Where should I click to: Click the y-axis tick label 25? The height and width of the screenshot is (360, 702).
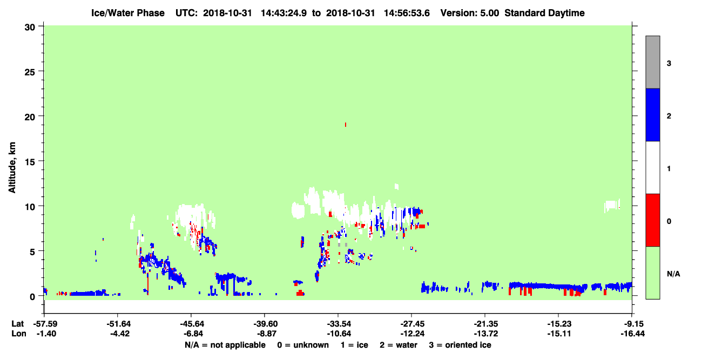30,72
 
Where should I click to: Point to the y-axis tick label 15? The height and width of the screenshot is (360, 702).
30,162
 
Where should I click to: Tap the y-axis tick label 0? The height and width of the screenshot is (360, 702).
32,297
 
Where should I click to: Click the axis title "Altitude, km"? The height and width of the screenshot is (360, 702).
12,167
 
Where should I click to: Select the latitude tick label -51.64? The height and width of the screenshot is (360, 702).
118,324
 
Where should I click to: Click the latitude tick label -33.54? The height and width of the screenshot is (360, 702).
339,324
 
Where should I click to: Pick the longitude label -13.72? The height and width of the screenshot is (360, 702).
486,334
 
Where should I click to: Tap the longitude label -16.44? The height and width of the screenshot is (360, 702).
633,334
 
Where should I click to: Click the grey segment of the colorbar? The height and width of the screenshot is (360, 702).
653,62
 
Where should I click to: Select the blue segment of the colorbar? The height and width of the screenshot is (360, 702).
653,114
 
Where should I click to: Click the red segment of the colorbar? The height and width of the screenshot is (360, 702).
653,220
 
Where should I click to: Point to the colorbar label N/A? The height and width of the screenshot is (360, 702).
673,274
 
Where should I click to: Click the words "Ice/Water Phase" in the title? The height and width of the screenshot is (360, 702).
128,13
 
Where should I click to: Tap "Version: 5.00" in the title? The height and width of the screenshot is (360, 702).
470,13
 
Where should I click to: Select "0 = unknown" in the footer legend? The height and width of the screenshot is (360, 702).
303,345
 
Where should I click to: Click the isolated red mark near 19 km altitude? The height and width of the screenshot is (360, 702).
346,125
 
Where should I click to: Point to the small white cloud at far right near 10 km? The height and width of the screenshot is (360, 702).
612,206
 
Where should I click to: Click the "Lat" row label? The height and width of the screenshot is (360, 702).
18,324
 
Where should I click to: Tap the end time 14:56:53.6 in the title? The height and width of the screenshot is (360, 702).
407,13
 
